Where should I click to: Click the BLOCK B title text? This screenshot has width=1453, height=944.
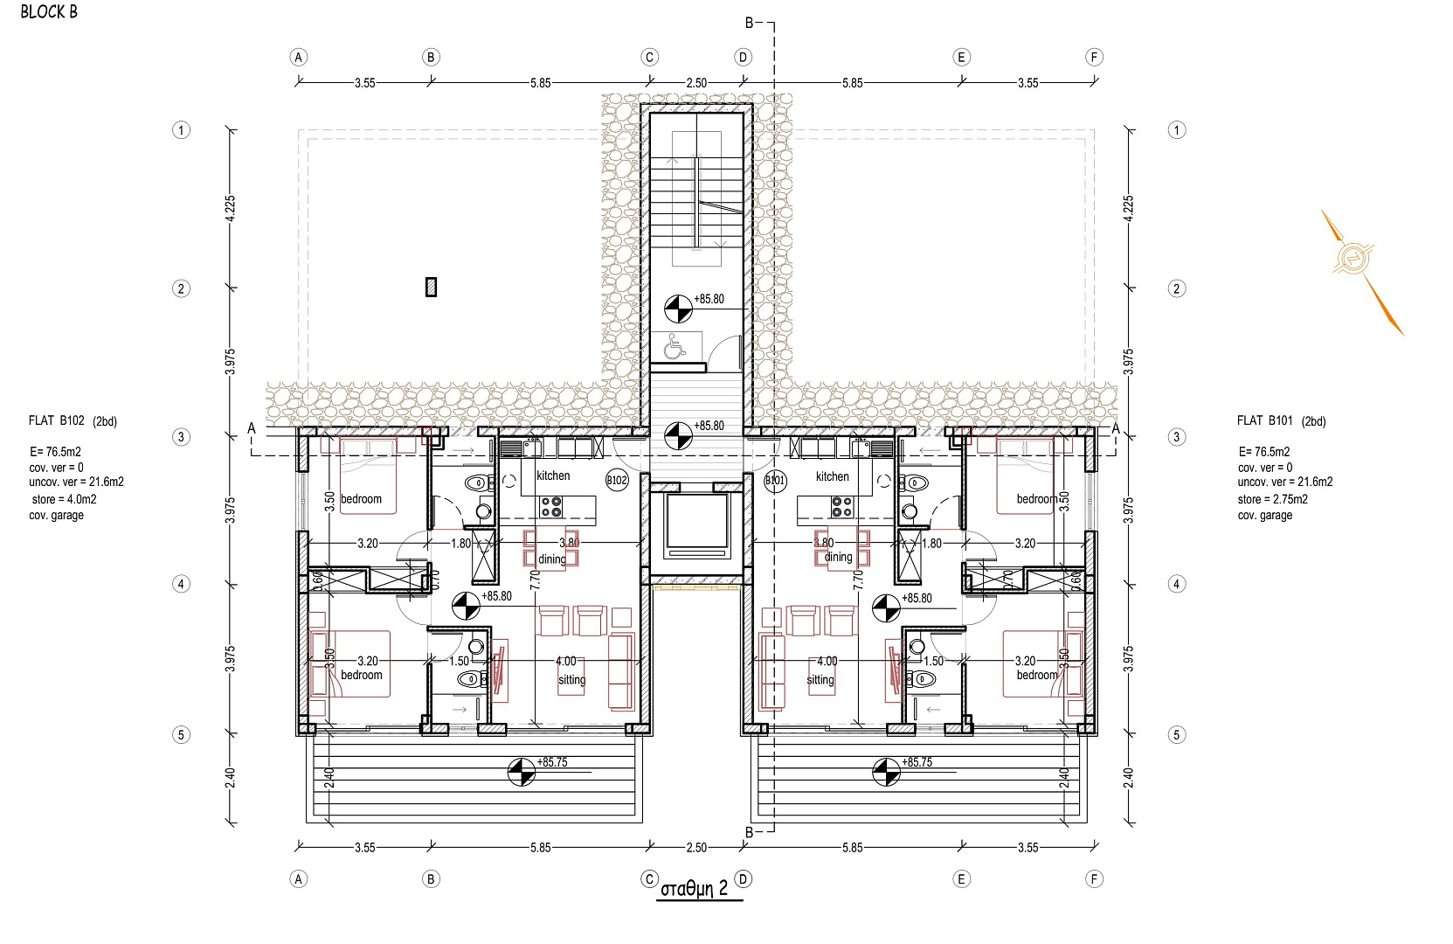tap(49, 11)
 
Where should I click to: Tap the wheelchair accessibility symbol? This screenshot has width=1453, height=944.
tap(675, 346)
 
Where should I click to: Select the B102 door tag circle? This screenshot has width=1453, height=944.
tap(617, 480)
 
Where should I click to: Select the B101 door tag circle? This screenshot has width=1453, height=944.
tap(775, 481)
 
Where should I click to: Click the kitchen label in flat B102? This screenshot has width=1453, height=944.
tap(553, 475)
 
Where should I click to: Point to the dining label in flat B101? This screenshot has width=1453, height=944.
tap(838, 557)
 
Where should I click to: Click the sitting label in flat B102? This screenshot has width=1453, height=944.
tap(571, 679)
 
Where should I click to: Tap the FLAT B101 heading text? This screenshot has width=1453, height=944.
tap(1264, 420)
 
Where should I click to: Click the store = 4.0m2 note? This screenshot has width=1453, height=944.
tap(64, 499)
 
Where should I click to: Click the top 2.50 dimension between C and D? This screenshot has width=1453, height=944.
tap(696, 83)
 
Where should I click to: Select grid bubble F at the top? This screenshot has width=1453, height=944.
tap(1094, 57)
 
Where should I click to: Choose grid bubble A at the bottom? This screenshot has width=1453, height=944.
tap(299, 879)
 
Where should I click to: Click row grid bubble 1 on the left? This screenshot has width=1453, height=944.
tap(181, 130)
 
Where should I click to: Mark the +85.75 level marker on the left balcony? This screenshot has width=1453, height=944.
tap(522, 772)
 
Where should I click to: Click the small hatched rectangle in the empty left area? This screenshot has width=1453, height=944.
tap(431, 287)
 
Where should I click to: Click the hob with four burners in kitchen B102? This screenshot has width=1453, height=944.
tap(551, 507)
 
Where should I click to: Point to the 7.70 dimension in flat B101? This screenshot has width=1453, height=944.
tap(858, 579)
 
